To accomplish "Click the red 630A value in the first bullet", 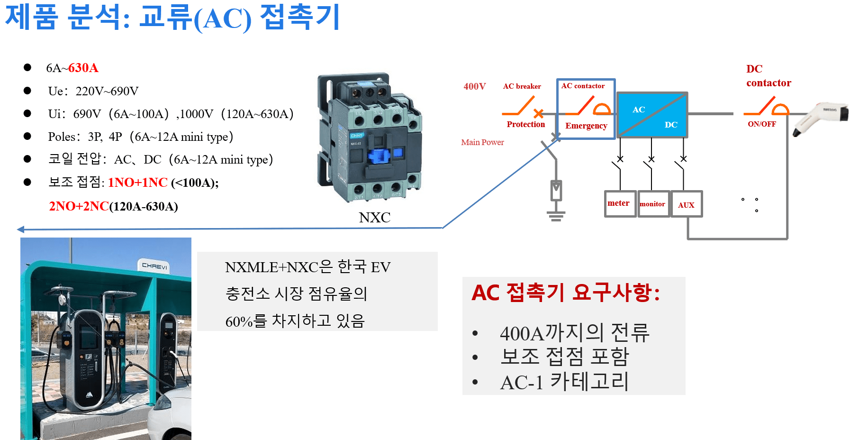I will pos(83,68).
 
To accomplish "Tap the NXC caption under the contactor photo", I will pos(375,218).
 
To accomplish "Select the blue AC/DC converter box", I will pos(652,115).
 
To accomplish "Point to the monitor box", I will pos(653,204).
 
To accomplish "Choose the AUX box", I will pos(687,205).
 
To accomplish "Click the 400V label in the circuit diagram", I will pos(475,86).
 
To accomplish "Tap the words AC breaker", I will pos(522,86).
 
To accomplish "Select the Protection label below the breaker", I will pos(526,124).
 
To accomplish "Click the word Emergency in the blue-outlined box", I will pos(586,126).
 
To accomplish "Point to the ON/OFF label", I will pos(762,124).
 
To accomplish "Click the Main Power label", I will pos(482,142).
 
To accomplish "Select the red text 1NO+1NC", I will pos(138,183).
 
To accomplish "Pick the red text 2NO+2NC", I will pos(79,206).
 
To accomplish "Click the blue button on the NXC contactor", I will pos(379,156).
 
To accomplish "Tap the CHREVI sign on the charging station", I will pos(155,266).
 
